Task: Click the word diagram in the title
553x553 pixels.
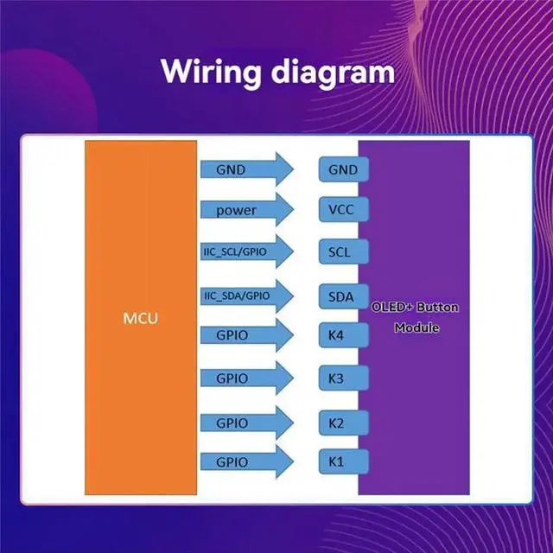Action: point(333,72)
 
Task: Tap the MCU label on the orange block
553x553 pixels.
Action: point(141,319)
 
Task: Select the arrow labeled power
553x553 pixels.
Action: point(247,209)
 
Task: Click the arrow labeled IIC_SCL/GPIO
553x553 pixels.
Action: point(247,251)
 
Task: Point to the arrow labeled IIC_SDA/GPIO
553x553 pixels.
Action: point(247,296)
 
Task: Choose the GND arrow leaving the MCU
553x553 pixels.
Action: point(247,169)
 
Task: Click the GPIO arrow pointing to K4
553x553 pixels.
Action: point(247,335)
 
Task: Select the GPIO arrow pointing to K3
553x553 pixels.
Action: point(247,378)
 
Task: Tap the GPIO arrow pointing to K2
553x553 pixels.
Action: point(247,423)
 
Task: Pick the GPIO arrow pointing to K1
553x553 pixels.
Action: point(247,461)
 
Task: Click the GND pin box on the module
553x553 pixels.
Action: point(344,169)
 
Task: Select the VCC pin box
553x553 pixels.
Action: point(344,209)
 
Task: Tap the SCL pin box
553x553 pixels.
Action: point(344,251)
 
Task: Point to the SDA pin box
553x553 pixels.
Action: point(344,296)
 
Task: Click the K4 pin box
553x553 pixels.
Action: point(344,335)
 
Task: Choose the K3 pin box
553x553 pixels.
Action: point(344,378)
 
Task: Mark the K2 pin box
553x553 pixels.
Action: point(344,423)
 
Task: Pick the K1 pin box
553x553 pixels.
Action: point(344,461)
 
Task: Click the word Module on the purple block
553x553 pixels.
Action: point(416,327)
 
